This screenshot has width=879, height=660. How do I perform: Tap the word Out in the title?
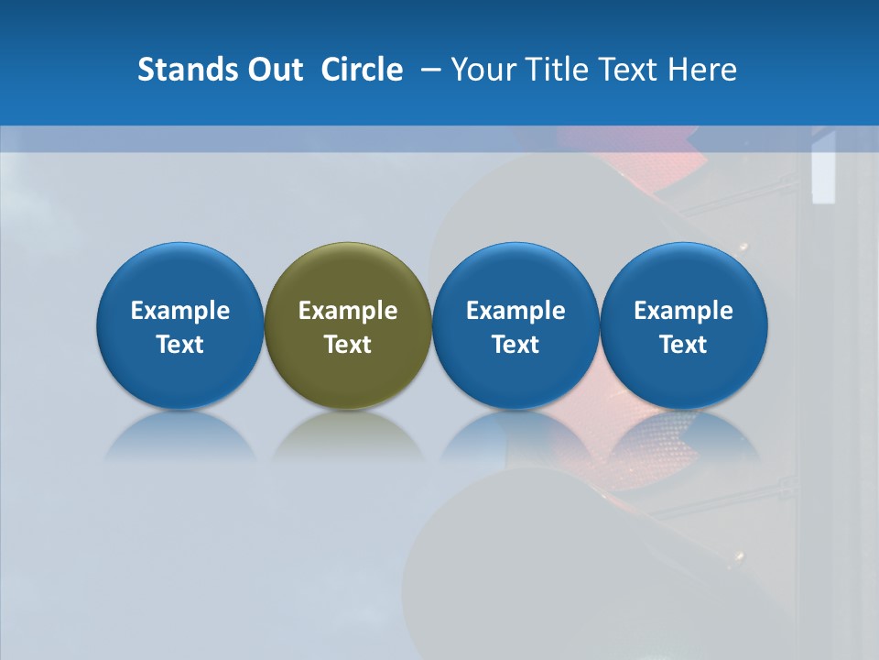272,70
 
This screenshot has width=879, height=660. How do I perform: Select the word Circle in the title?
362,70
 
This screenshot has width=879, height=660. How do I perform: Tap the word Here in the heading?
701,70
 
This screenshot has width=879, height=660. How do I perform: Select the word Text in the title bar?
628,70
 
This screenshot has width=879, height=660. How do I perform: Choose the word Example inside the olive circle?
348,311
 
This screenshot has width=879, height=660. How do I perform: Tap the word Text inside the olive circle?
348,345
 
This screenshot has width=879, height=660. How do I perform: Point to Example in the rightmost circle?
684,311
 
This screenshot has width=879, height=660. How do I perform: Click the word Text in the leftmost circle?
180,345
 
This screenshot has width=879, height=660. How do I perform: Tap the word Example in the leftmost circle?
180,311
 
